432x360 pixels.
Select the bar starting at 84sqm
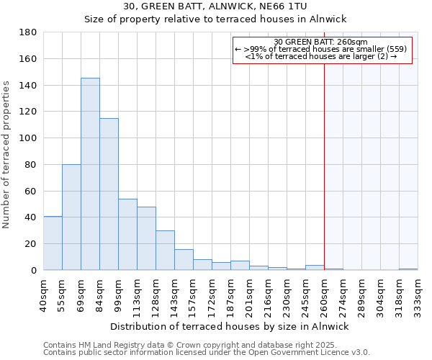[109, 194]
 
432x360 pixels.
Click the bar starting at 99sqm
[127, 235]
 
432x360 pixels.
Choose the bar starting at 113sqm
[146, 238]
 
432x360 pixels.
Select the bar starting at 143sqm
[184, 260]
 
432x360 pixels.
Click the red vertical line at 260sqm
[324, 166]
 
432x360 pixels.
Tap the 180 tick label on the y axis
[29, 32]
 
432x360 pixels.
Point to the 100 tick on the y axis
[29, 138]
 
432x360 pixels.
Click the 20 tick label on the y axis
[32, 244]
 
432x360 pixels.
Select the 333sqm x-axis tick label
[418, 294]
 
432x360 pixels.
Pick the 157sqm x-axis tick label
[194, 294]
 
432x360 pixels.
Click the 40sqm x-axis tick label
[44, 294]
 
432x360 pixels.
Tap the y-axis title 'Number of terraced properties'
[7, 155]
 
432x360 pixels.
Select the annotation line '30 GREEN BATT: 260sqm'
[322, 42]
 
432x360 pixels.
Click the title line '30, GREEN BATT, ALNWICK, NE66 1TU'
[216, 6]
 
